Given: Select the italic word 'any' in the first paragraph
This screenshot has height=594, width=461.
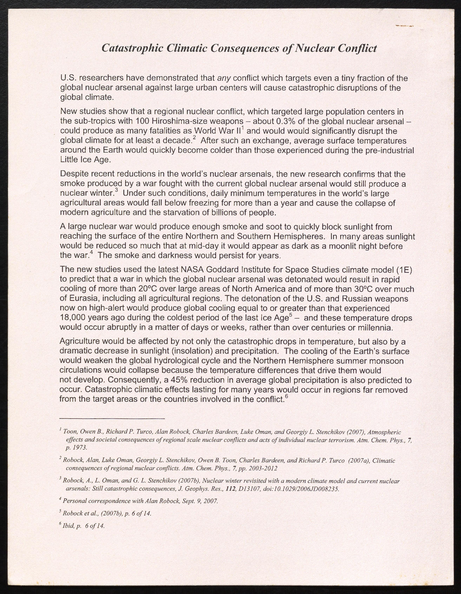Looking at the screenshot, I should [224, 78].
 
